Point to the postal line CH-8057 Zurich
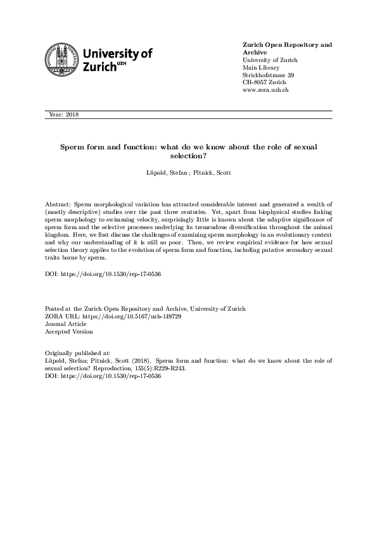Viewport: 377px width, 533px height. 264,83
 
